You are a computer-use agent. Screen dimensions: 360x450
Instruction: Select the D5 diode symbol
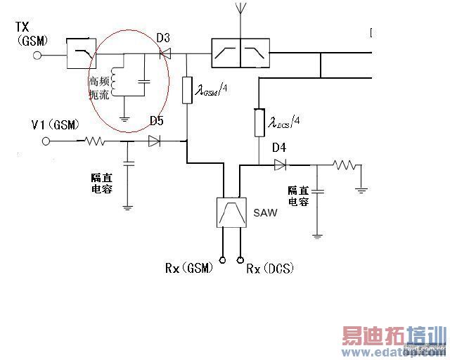click(155, 141)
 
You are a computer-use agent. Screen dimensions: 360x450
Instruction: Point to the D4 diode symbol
click(281, 165)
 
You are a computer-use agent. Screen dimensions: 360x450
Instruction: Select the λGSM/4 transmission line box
click(188, 90)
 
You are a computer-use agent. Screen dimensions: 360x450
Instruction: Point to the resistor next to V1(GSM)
click(94, 141)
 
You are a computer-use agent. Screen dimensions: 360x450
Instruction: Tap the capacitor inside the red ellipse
click(144, 82)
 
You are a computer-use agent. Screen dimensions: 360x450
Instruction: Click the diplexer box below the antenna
click(241, 52)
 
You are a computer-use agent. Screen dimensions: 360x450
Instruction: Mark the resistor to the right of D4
click(345, 165)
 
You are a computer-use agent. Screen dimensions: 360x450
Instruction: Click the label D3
click(162, 37)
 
